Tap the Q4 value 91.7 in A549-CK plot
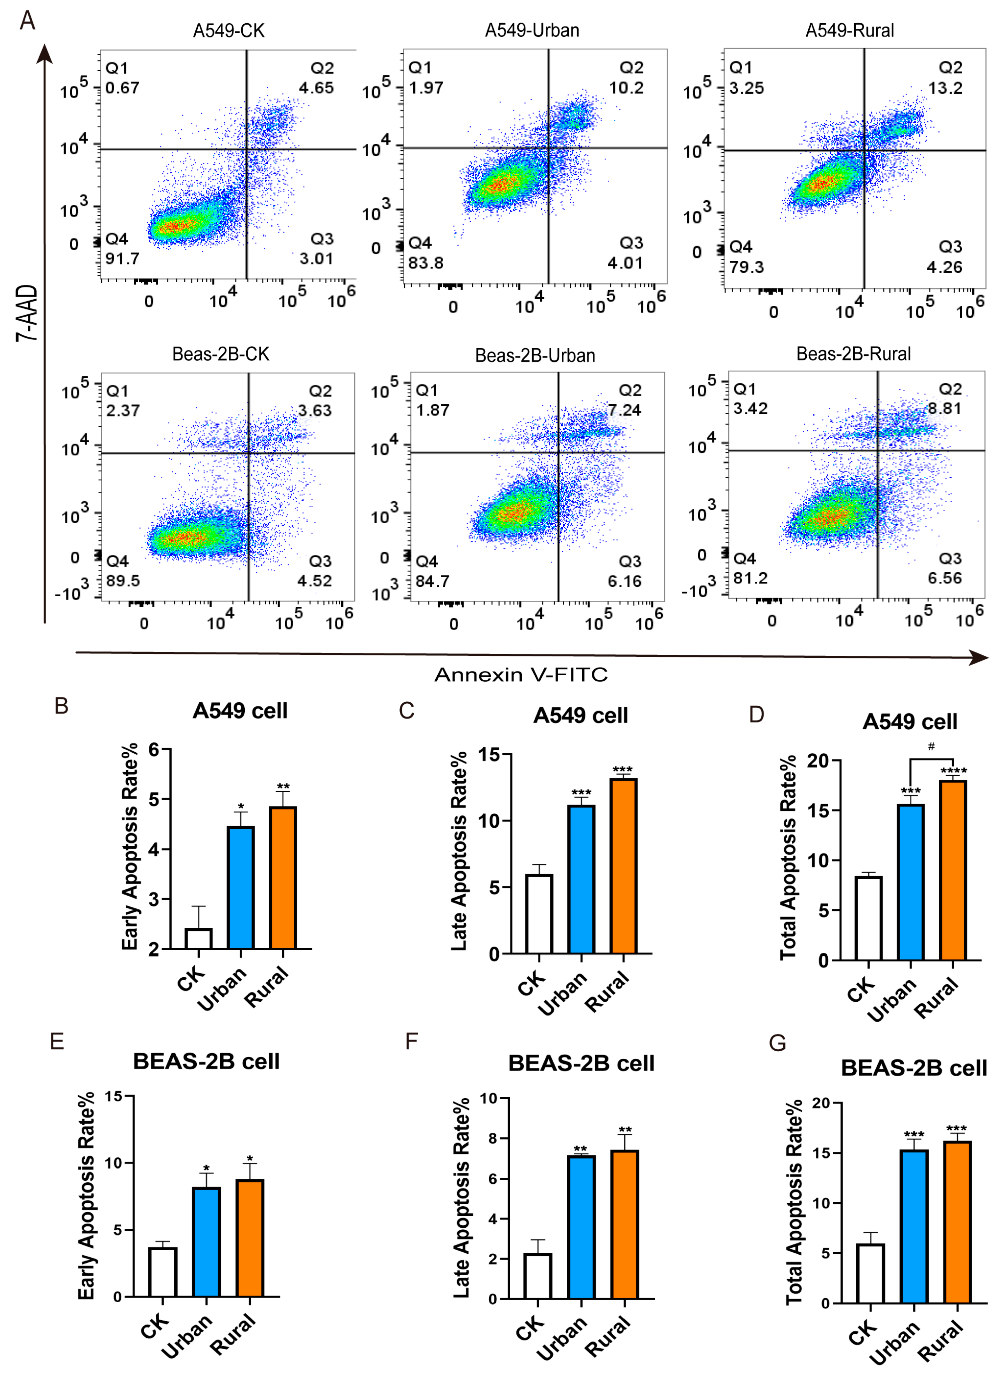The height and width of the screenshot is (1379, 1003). point(122,259)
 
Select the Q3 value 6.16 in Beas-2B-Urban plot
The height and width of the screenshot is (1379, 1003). point(625,581)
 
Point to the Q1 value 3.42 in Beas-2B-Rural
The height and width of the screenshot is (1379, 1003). point(751,408)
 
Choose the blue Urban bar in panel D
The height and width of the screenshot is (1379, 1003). point(910,882)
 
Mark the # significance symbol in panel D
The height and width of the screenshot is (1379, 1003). point(931,747)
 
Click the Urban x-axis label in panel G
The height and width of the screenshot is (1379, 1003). point(894,1343)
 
